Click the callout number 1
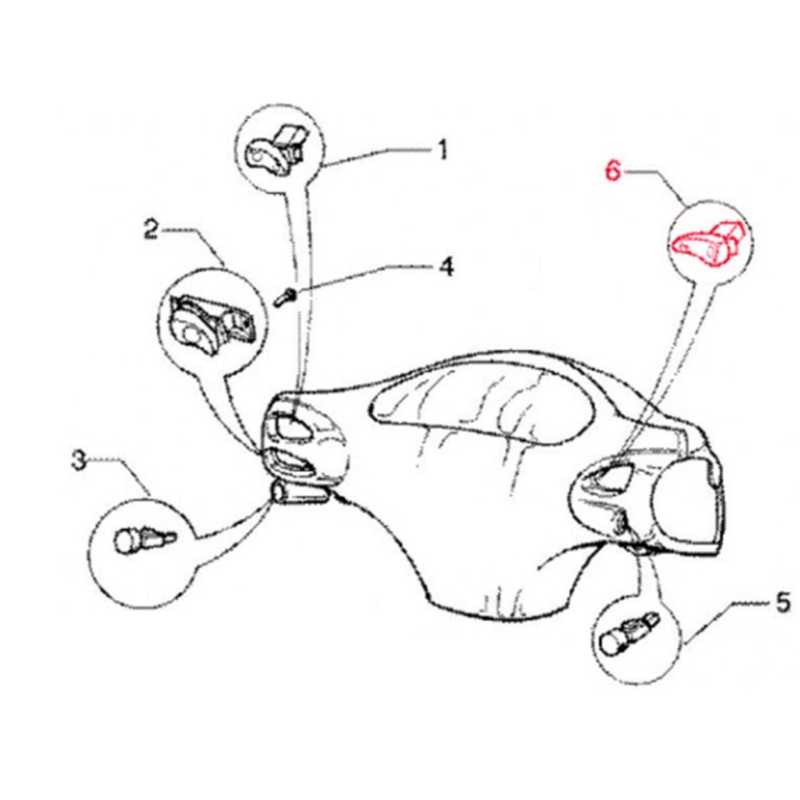pyautogui.click(x=442, y=149)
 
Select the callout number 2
pyautogui.click(x=151, y=230)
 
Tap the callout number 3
pyautogui.click(x=79, y=460)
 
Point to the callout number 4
pyautogui.click(x=446, y=266)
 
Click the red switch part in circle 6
pyautogui.click(x=710, y=243)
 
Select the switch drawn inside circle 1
pyautogui.click(x=274, y=149)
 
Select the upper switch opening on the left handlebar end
pyautogui.click(x=292, y=426)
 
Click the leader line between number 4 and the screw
pyautogui.click(x=364, y=278)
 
